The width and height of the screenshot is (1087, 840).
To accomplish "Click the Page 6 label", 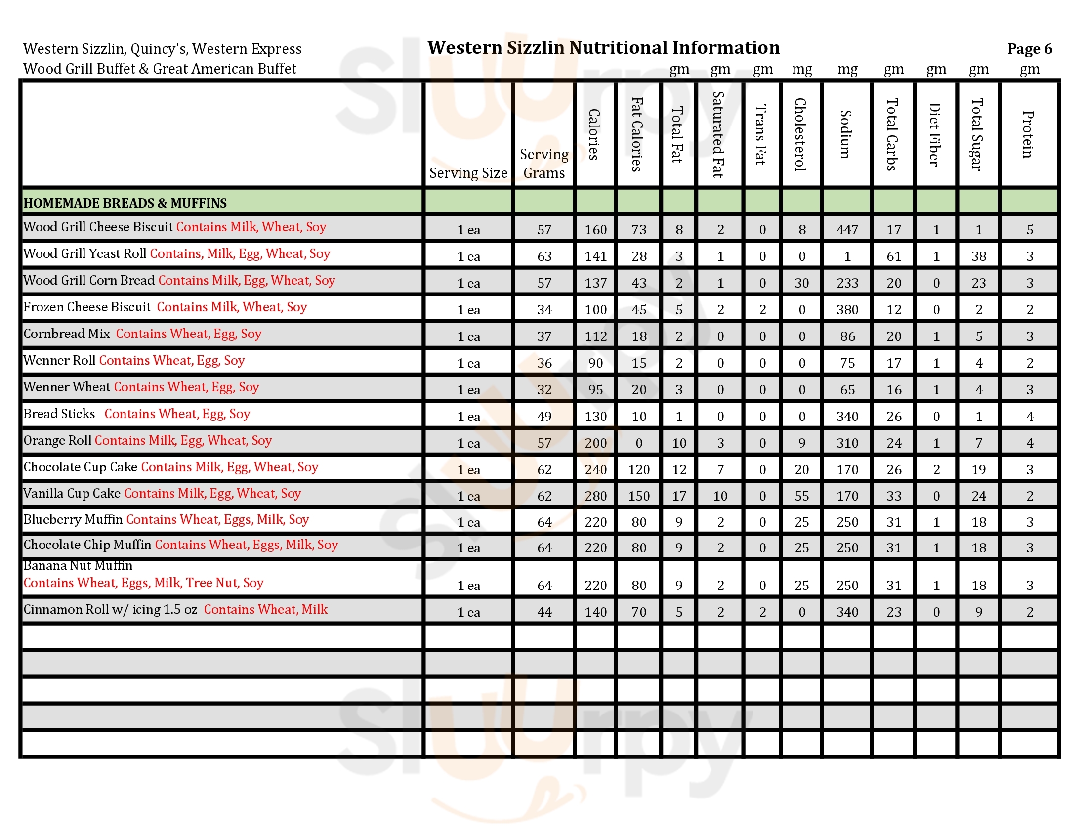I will tap(1029, 49).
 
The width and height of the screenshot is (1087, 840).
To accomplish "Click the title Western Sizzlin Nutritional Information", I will tap(603, 48).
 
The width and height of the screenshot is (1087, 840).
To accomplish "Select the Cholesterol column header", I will tap(801, 134).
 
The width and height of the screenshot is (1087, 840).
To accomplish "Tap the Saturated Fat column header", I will tap(719, 134).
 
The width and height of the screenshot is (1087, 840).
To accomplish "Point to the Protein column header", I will tap(1028, 134).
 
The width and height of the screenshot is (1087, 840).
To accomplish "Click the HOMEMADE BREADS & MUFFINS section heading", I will tap(125, 203).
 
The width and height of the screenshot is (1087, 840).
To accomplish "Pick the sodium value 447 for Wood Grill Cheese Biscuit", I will tap(847, 229).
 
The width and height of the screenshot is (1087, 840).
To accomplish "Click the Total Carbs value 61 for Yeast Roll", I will tap(893, 256).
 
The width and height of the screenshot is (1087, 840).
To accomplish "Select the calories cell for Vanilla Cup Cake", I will tap(595, 496).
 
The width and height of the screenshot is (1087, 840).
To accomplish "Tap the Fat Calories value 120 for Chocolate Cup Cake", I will tap(638, 469).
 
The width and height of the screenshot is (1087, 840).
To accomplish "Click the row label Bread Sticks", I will tap(59, 414).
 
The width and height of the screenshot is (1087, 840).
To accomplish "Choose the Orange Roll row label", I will tap(57, 440).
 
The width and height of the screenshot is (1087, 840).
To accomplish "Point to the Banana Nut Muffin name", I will tap(78, 566).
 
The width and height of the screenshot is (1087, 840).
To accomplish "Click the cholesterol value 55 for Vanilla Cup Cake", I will tap(801, 496).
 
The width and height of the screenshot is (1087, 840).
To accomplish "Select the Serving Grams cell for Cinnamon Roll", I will tap(544, 612).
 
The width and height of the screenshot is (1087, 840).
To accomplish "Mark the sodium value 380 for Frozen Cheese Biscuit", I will tap(847, 309).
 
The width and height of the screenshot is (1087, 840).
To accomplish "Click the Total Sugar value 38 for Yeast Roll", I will tap(978, 256).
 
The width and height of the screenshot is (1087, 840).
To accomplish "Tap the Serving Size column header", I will tap(468, 172).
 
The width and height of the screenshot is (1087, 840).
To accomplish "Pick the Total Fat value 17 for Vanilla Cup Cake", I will tap(679, 496).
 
